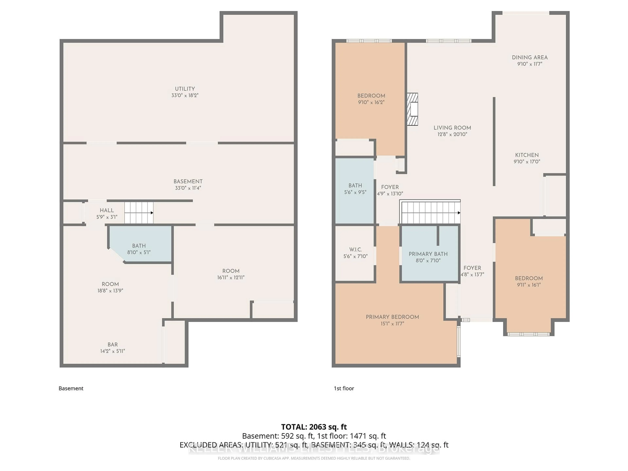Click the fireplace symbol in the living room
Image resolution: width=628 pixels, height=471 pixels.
click(x=412, y=109)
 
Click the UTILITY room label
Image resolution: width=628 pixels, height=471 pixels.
click(x=185, y=89)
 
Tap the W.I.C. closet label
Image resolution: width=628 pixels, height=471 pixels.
click(x=355, y=250)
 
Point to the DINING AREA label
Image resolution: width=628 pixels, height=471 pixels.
click(x=530, y=57)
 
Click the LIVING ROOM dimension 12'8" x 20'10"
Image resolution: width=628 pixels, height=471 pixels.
click(x=452, y=134)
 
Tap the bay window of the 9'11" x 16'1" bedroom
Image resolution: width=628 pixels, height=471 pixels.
click(x=528, y=334)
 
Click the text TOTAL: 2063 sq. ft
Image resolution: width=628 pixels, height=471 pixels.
click(x=314, y=427)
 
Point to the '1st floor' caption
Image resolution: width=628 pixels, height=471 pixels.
click(x=344, y=388)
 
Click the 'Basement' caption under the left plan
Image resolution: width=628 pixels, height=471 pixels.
click(x=71, y=388)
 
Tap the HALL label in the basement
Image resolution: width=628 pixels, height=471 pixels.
click(x=107, y=210)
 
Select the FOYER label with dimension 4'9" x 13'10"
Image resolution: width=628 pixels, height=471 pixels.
click(x=390, y=187)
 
